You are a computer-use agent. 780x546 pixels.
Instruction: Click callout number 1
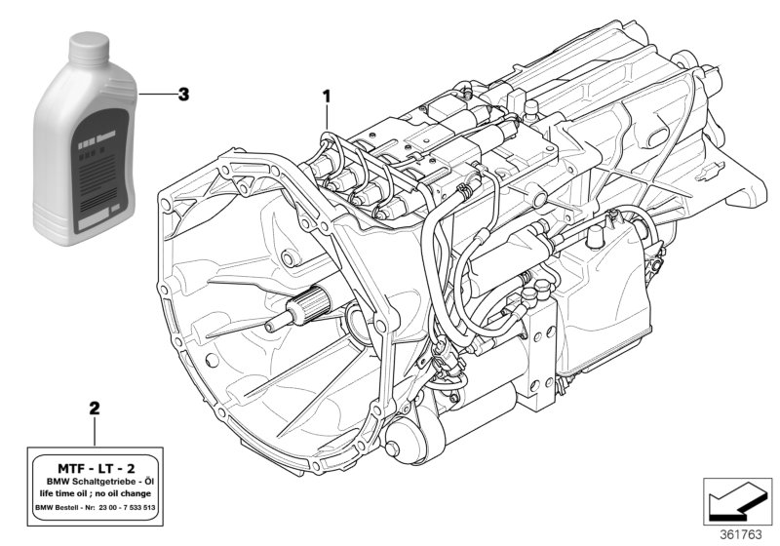click(x=329, y=96)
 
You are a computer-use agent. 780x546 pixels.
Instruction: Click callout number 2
click(x=94, y=406)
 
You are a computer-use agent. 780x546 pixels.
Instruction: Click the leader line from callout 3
click(x=156, y=95)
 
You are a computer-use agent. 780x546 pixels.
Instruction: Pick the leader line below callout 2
click(x=94, y=428)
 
